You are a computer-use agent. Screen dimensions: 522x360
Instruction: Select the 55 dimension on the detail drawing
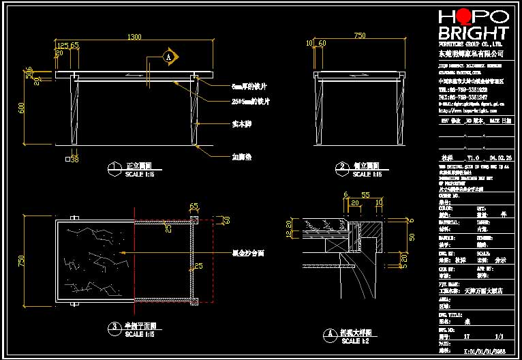[x=365, y=194]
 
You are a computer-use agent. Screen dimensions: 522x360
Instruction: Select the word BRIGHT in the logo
[x=474, y=33]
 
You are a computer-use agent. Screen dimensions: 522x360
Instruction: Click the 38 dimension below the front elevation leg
[x=75, y=159]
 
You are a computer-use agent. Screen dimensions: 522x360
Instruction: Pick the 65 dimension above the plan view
[x=194, y=205]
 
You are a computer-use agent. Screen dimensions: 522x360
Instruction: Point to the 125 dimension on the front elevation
[x=62, y=45]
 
